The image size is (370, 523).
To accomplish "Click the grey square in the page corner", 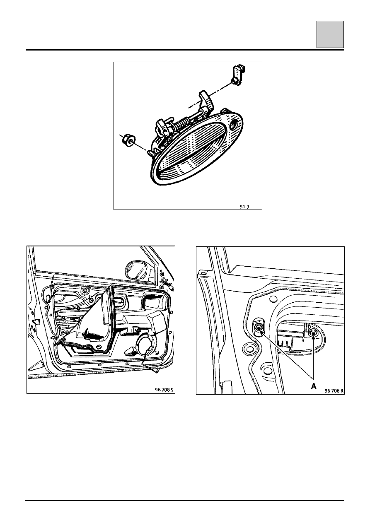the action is (330, 34).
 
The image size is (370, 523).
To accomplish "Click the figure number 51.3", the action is (244, 207).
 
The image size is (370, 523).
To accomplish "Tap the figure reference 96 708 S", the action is (164, 390).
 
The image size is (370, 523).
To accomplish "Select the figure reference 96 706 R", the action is (334, 391).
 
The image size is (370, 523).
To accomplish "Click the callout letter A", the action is (314, 386).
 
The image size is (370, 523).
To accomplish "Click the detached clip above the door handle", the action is (239, 75).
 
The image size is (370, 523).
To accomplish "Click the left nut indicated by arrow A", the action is (259, 328).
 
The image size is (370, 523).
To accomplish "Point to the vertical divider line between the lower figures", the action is (185, 341).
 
